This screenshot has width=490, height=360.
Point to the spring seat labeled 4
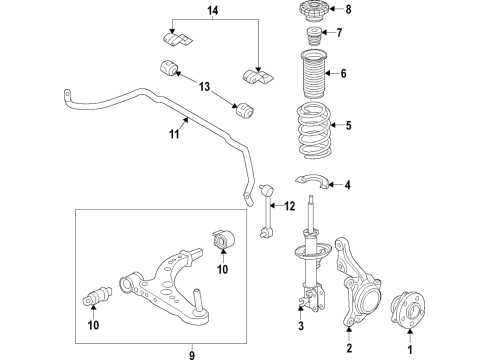point(320,180)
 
